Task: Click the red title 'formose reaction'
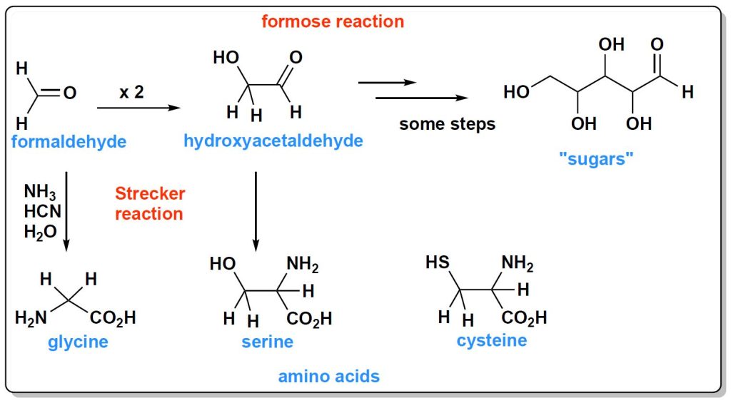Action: pyautogui.click(x=333, y=21)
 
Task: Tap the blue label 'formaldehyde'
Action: pyautogui.click(x=69, y=142)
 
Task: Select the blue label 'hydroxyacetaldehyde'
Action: pyautogui.click(x=273, y=141)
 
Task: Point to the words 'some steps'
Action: pyautogui.click(x=447, y=124)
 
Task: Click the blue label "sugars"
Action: pyautogui.click(x=597, y=158)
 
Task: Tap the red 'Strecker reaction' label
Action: pyautogui.click(x=150, y=203)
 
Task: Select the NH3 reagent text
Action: pyautogui.click(x=39, y=192)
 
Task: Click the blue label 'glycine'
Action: pyautogui.click(x=78, y=342)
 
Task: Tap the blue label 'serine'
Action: pyautogui.click(x=267, y=342)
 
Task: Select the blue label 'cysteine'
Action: pyautogui.click(x=492, y=340)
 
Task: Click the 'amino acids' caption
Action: pyautogui.click(x=329, y=376)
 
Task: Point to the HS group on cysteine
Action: pyautogui.click(x=438, y=262)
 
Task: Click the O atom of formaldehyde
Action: pyautogui.click(x=70, y=93)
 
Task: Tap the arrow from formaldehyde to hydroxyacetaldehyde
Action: pyautogui.click(x=136, y=108)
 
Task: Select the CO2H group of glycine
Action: pyautogui.click(x=113, y=318)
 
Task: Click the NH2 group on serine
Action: pyautogui.click(x=302, y=265)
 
